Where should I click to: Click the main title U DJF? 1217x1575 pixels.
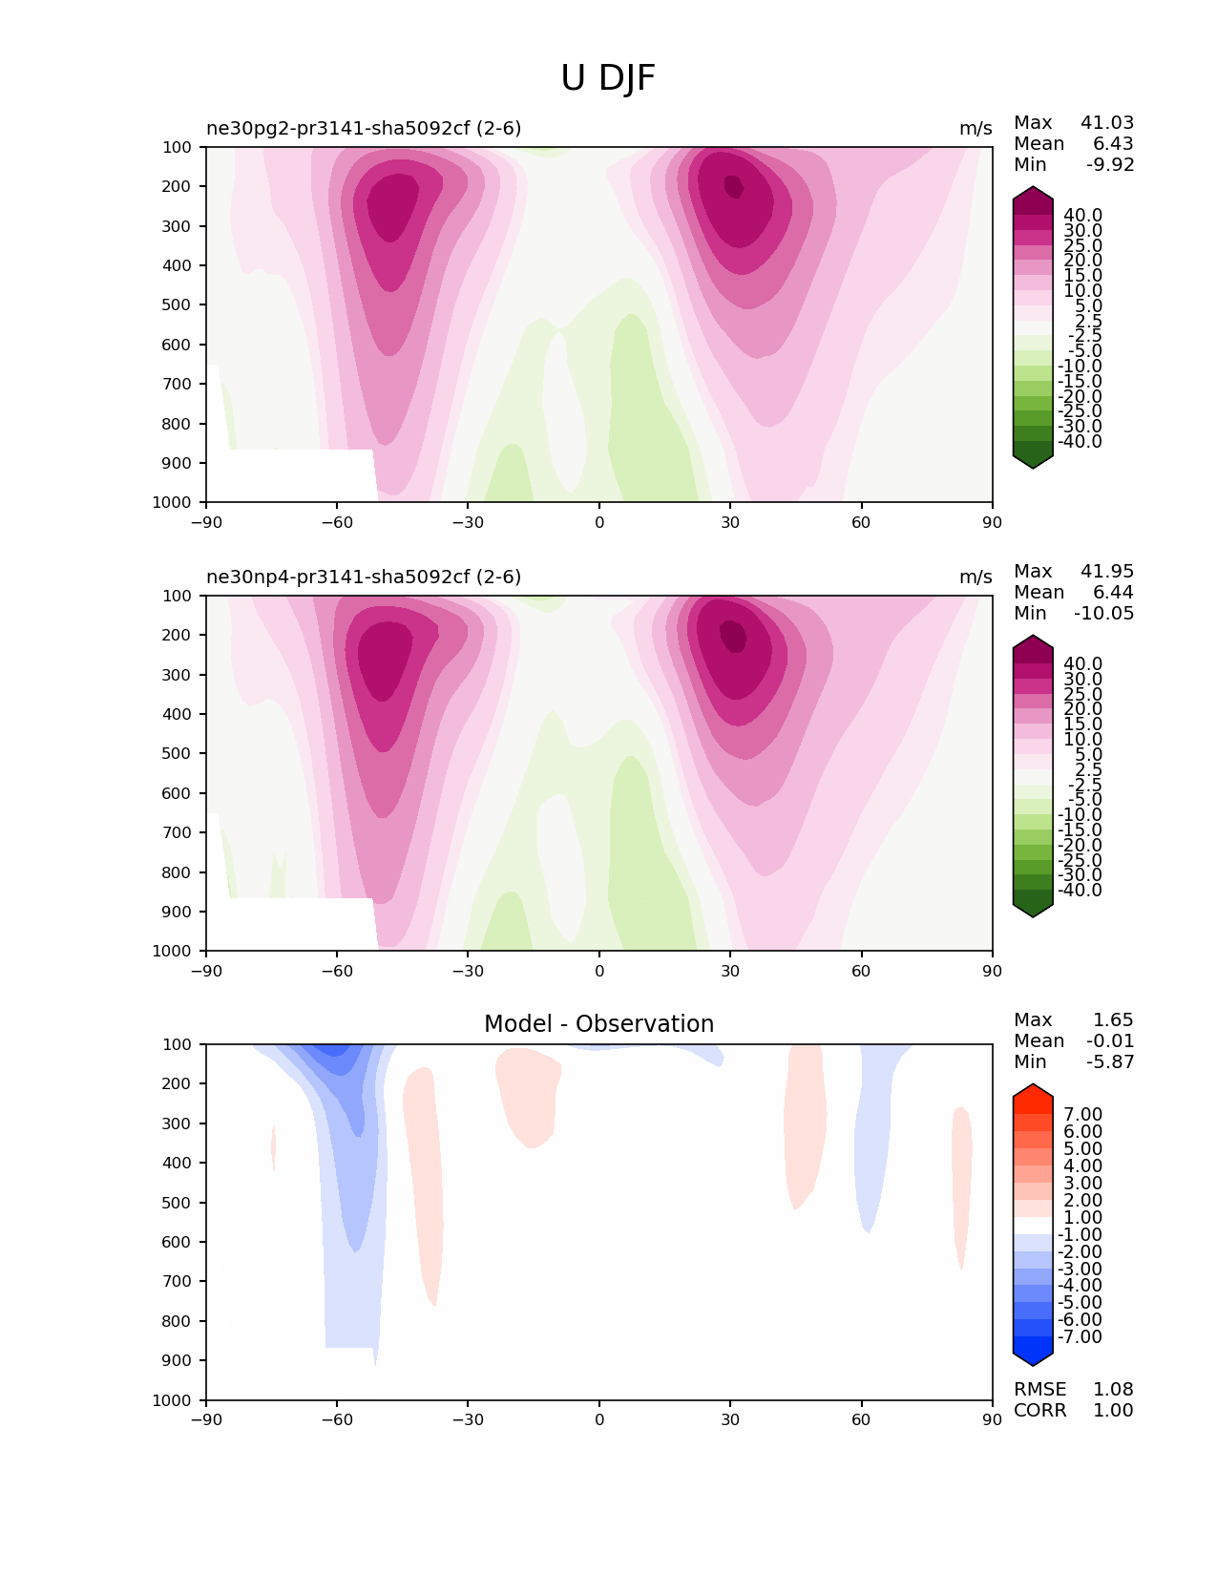click(x=608, y=78)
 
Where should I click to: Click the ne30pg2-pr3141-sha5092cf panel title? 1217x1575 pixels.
click(x=364, y=129)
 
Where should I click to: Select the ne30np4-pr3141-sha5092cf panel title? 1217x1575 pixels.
click(x=364, y=577)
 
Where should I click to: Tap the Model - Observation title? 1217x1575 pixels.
click(x=598, y=1024)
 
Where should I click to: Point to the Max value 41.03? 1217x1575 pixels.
click(x=1107, y=123)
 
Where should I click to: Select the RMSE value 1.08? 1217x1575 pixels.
click(x=1113, y=1390)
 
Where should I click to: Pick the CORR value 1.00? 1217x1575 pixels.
click(x=1113, y=1411)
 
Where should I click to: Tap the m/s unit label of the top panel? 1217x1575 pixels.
click(x=976, y=129)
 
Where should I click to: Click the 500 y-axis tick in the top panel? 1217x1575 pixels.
click(x=178, y=305)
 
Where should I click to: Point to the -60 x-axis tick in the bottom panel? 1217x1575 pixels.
click(x=337, y=1419)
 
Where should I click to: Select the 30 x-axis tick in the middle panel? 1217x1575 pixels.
click(x=730, y=971)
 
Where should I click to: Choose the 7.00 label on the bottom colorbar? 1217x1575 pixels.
click(x=1082, y=1115)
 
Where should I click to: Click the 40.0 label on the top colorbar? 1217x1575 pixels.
click(x=1082, y=216)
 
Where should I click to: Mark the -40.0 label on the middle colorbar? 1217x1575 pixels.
click(x=1080, y=891)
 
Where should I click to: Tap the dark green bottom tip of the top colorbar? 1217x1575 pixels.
click(x=1033, y=461)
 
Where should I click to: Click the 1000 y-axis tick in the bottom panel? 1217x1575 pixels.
click(x=173, y=1400)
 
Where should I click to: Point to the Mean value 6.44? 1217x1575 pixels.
click(x=1115, y=593)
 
